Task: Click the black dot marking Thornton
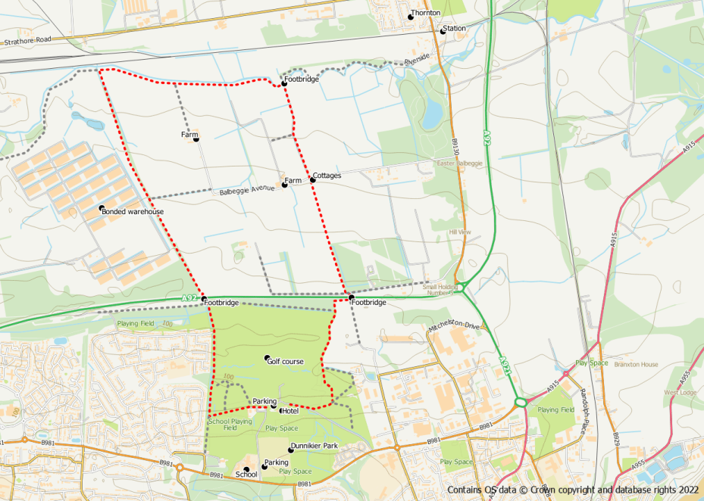(411, 16)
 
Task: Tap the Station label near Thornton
(455, 28)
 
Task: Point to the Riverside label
(417, 58)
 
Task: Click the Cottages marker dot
(312, 180)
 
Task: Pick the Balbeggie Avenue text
(246, 190)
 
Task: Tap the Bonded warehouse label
(133, 212)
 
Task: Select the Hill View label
(460, 232)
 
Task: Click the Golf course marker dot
(267, 358)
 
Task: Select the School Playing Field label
(230, 425)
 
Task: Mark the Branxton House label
(636, 364)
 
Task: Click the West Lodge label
(681, 392)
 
